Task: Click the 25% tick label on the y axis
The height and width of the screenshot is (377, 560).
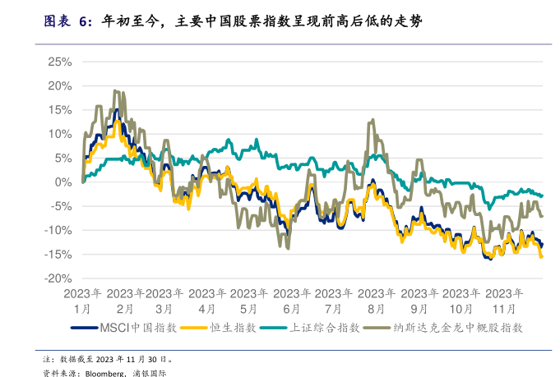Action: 60,62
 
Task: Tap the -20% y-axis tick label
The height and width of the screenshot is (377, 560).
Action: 58,278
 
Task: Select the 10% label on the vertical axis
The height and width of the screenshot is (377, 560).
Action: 60,134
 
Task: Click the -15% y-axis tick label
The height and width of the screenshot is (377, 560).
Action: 58,255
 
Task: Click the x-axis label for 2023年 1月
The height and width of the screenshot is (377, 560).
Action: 83,301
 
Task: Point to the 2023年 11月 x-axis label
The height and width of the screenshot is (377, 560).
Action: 504,301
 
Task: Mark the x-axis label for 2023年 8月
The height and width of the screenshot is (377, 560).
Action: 376,301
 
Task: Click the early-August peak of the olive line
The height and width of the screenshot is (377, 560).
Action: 373,120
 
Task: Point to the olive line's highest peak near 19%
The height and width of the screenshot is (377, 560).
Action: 115,90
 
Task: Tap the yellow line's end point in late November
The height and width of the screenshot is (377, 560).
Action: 541,256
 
